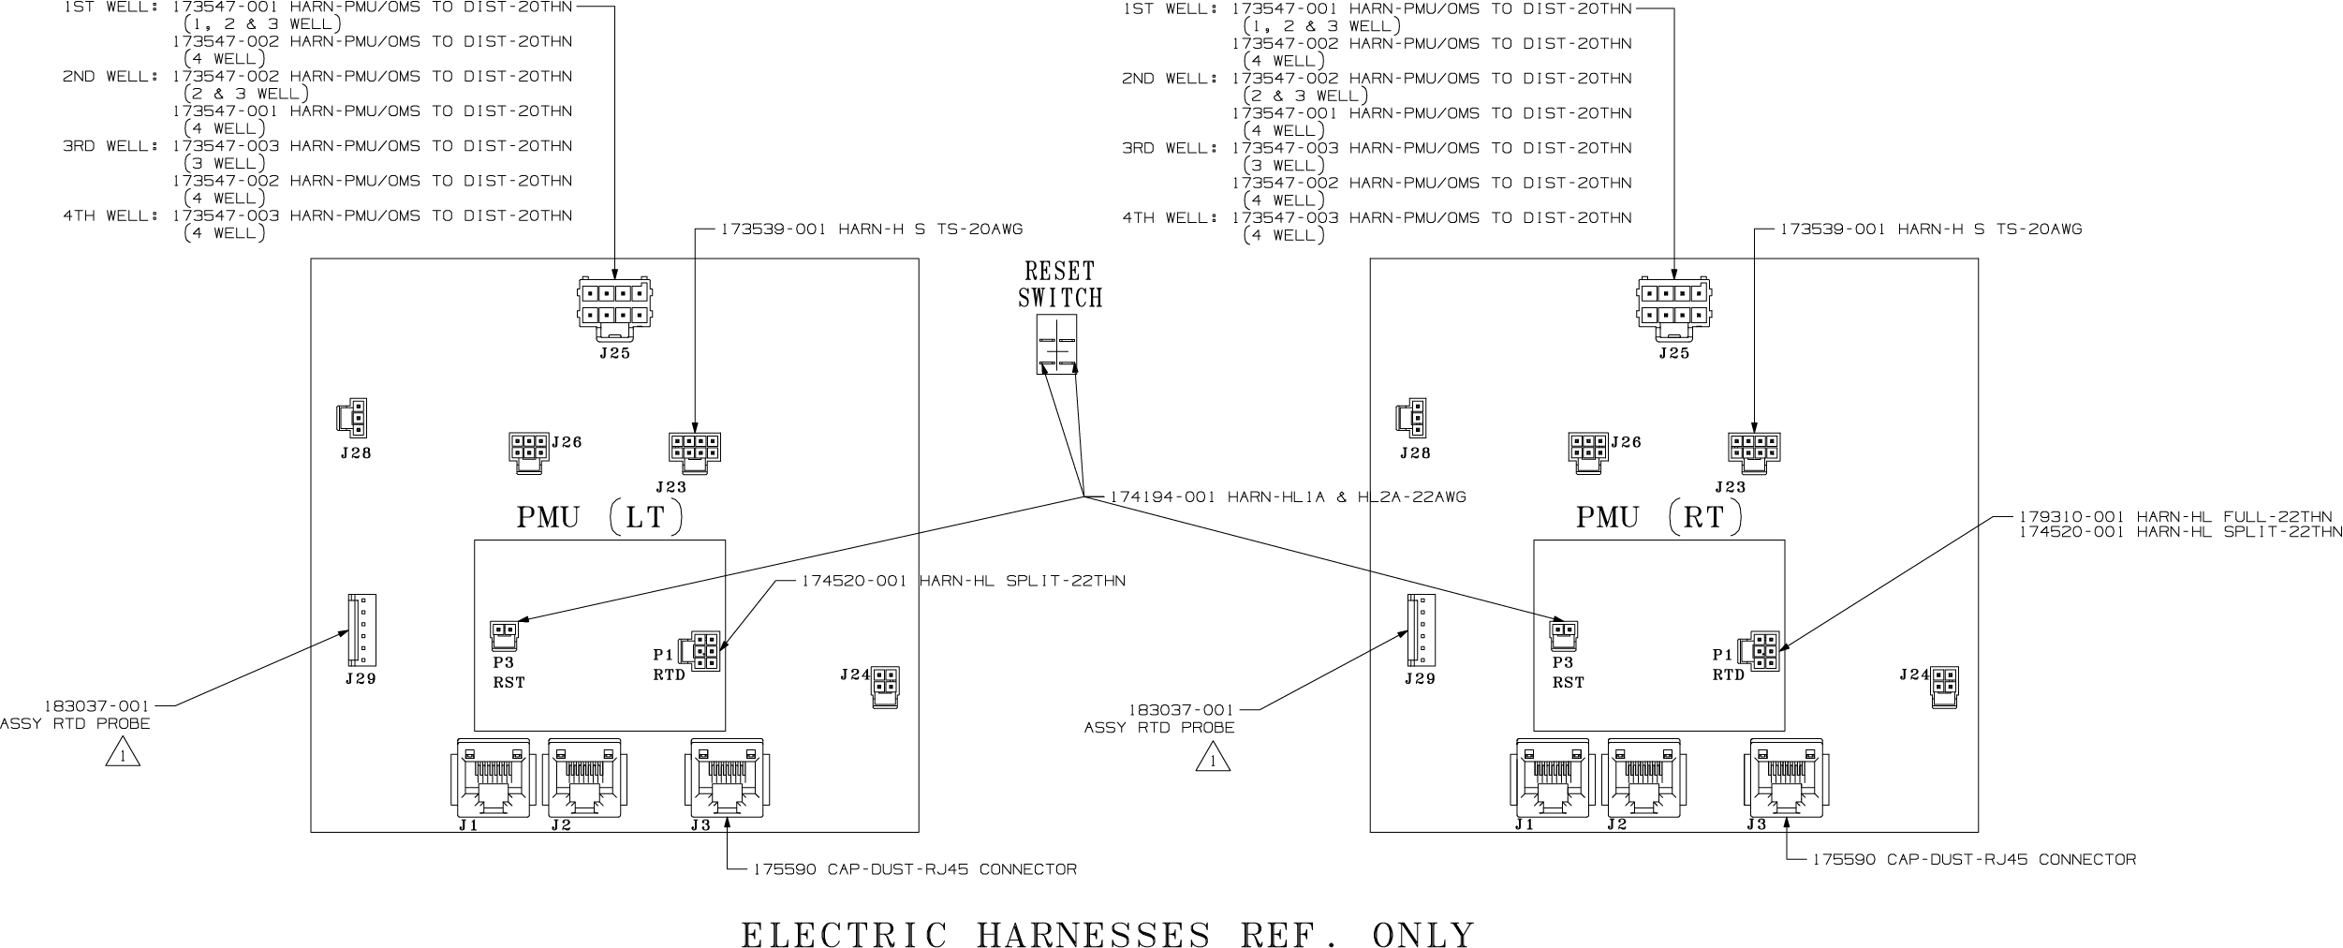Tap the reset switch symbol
[x=1056, y=344]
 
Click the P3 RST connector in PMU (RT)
[x=1563, y=635]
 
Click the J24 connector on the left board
[x=885, y=687]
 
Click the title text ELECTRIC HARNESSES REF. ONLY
[x=1108, y=935]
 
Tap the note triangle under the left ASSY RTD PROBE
[x=123, y=753]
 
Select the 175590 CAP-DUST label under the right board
[x=1974, y=859]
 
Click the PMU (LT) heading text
[x=599, y=518]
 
